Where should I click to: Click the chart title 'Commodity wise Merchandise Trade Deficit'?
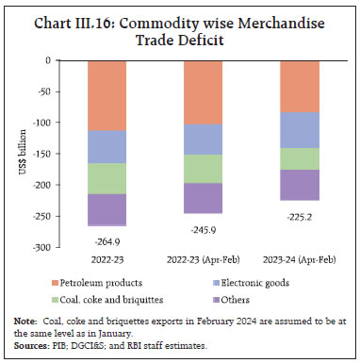179,25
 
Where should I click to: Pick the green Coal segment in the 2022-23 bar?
113,178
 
